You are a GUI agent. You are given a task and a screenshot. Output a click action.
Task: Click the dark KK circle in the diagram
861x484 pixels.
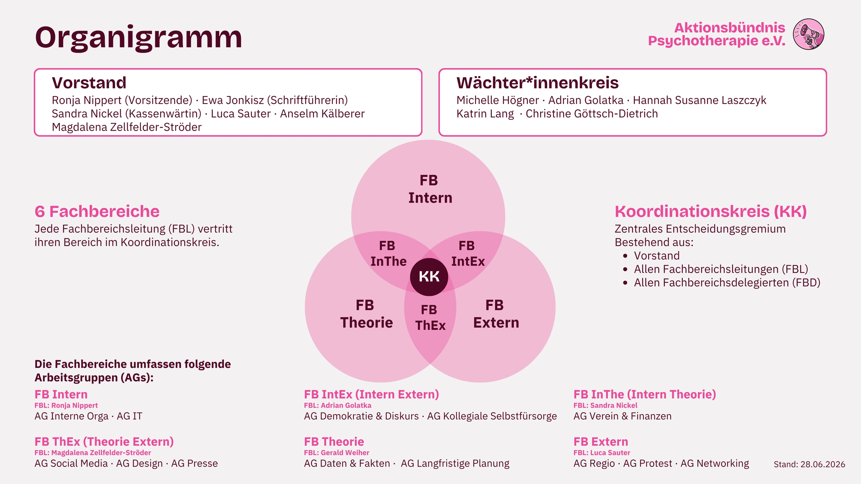pyautogui.click(x=429, y=277)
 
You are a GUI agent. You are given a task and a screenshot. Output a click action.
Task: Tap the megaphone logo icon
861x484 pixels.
pyautogui.click(x=809, y=34)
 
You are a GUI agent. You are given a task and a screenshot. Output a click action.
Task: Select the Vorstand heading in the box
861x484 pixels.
pyautogui.click(x=89, y=83)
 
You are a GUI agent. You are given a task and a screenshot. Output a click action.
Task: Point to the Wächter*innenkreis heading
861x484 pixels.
pyautogui.click(x=537, y=83)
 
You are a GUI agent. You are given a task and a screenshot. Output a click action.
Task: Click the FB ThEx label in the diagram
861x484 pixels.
pyautogui.click(x=430, y=318)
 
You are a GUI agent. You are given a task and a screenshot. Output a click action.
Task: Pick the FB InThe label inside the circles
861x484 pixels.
pyautogui.click(x=388, y=254)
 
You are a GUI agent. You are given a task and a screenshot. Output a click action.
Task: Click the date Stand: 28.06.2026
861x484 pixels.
pyautogui.click(x=809, y=464)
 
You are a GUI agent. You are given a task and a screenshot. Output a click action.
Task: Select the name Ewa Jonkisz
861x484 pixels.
pyautogui.click(x=233, y=100)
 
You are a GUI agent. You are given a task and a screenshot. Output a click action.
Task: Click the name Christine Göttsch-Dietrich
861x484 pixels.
pyautogui.click(x=592, y=114)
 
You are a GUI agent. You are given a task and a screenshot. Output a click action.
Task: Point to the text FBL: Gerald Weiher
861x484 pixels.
pyautogui.click(x=337, y=453)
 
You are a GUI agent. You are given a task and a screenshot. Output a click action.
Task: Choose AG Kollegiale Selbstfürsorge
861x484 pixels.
pyautogui.click(x=492, y=416)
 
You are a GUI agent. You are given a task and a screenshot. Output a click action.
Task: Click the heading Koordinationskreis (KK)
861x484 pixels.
pyautogui.click(x=711, y=212)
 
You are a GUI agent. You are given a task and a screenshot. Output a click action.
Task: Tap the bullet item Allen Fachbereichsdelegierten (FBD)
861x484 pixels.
pyautogui.click(x=727, y=283)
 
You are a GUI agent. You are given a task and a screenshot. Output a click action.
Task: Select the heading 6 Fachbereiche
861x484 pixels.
pyautogui.click(x=97, y=212)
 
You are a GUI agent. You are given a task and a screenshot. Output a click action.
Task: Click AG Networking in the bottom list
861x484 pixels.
pyautogui.click(x=715, y=464)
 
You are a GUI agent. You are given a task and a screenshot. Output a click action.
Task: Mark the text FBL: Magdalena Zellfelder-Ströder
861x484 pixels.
pyautogui.click(x=93, y=453)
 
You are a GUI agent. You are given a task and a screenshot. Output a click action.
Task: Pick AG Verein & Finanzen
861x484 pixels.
pyautogui.click(x=622, y=416)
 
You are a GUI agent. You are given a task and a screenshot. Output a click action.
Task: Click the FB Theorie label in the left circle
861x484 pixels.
pyautogui.click(x=366, y=314)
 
